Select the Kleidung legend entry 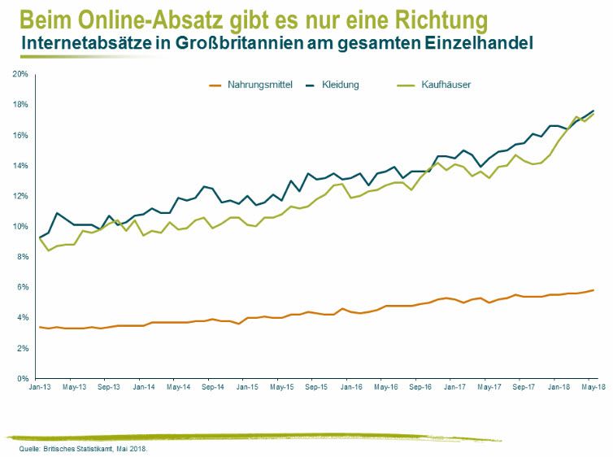click(340, 85)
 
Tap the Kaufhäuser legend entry click(446, 85)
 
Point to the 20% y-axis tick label click(20, 74)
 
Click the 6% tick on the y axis click(23, 287)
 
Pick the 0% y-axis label click(23, 378)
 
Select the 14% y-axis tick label click(20, 165)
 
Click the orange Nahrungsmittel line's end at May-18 click(593, 290)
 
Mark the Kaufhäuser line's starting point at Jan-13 click(40, 237)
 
